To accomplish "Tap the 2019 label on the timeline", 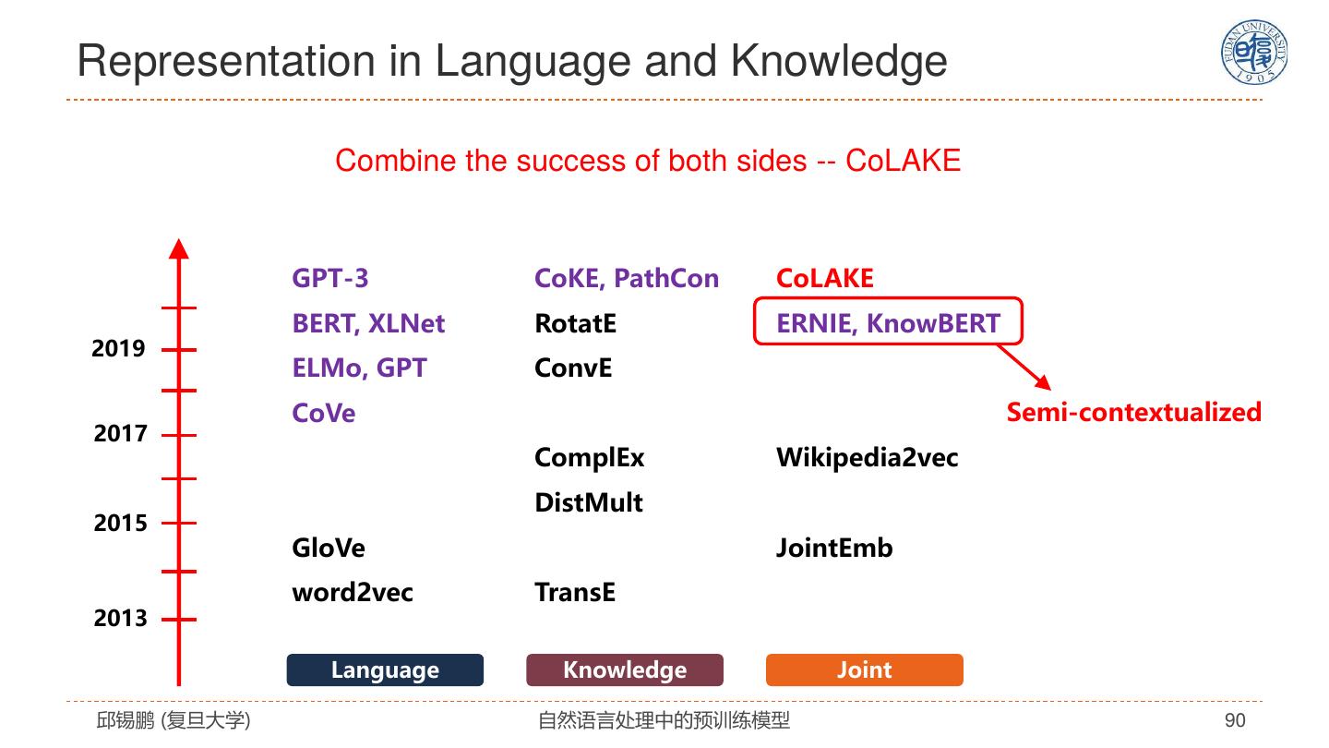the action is pos(118,349).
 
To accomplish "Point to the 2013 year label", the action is pos(120,619).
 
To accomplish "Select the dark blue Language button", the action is pos(385,670).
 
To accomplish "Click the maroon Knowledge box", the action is pos(625,670).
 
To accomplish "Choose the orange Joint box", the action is pos(864,670).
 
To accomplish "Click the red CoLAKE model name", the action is pos(825,279).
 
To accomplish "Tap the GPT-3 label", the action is pos(329,279).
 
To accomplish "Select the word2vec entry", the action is pos(353,593).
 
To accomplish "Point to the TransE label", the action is pos(574,593).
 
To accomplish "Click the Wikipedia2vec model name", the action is pos(867,458).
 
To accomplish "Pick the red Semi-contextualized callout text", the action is pos(1133,412).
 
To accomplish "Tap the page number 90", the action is pos(1234,720).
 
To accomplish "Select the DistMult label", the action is pos(588,503).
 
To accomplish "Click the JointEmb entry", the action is pos(834,549).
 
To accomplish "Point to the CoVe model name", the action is pos(323,414).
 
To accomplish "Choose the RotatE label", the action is pos(575,324).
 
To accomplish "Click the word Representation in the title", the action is pos(225,61).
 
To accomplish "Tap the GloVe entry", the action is pos(329,549).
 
